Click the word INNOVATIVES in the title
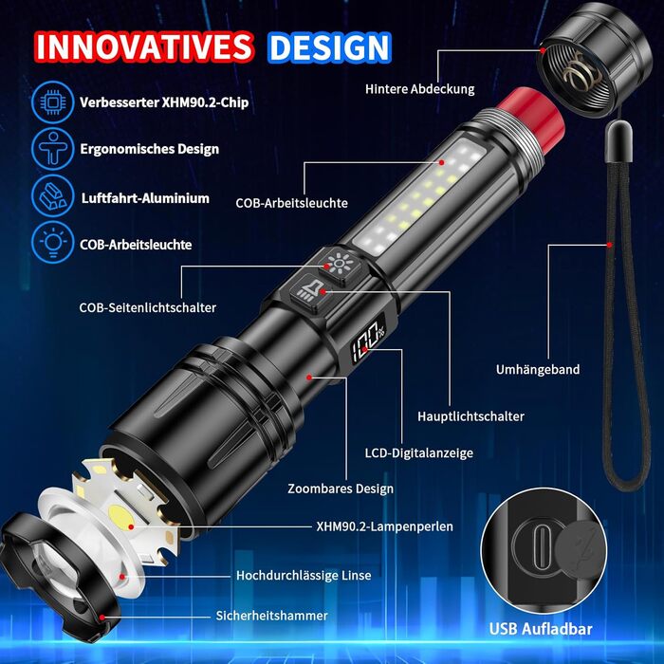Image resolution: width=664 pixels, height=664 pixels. pos(144,46)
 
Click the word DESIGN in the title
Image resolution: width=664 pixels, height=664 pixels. pos(329,47)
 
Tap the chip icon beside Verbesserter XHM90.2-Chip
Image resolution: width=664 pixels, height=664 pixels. pos(52,102)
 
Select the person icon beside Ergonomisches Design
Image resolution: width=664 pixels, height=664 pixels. pos(52,149)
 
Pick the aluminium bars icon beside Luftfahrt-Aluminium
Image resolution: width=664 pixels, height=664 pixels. pos(52,196)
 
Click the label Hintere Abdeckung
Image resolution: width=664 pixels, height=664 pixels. pos(419,89)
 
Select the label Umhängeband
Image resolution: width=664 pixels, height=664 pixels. pos(538,370)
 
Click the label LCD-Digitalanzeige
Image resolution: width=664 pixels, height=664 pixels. pos(419,453)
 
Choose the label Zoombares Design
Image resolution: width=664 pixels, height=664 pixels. pos(341,489)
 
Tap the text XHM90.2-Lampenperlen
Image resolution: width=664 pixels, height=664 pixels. pos(384,526)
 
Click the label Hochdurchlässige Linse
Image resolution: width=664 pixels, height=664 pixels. pos(304,576)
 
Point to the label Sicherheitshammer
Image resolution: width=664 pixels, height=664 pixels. pos(271,616)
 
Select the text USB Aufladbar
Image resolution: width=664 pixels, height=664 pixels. pos(541,629)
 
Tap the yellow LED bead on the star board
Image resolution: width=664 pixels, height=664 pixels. pos(120,516)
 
